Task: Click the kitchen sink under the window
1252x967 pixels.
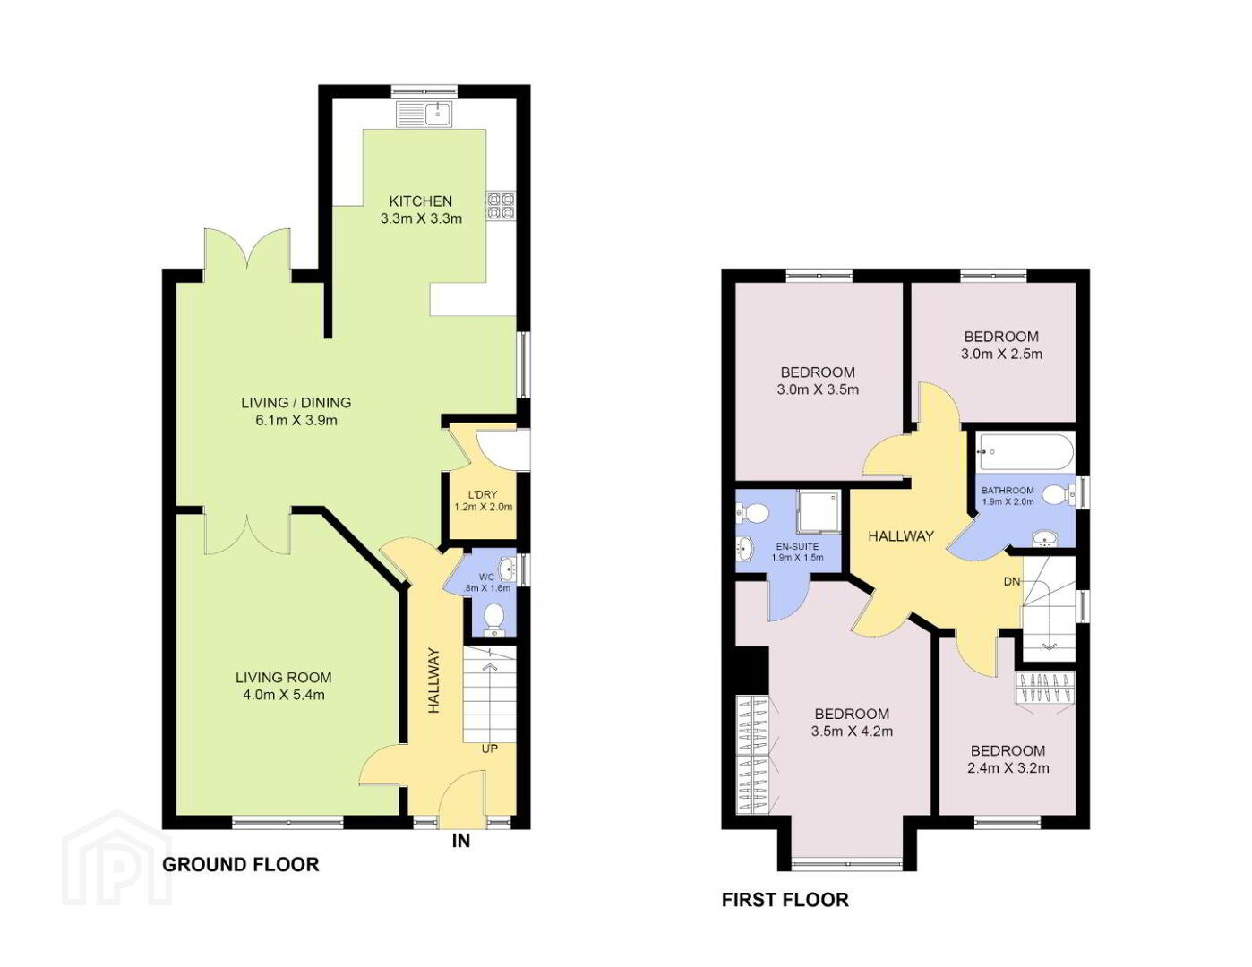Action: pos(424,114)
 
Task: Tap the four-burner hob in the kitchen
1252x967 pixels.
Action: pos(500,206)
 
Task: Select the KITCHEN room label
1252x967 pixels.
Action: pos(421,201)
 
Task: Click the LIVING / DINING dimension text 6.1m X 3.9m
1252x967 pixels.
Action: pos(296,421)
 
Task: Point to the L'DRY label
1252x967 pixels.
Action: pos(483,495)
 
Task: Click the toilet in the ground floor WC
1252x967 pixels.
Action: pos(494,619)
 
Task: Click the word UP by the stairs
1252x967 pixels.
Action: pos(490,749)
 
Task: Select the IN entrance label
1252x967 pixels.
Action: pos(461,841)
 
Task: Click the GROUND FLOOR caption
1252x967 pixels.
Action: pos(241,865)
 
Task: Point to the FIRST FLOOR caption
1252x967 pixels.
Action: pos(785,900)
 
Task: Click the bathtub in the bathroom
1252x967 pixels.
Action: pos(1025,453)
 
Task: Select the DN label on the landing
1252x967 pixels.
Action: pos(1012,582)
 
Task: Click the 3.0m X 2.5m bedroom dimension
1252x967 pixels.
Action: pos(1001,354)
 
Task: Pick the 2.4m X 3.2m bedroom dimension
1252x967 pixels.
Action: pos(1008,768)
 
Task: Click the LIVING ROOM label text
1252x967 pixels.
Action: pos(284,677)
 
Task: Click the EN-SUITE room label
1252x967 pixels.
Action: pos(797,546)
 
